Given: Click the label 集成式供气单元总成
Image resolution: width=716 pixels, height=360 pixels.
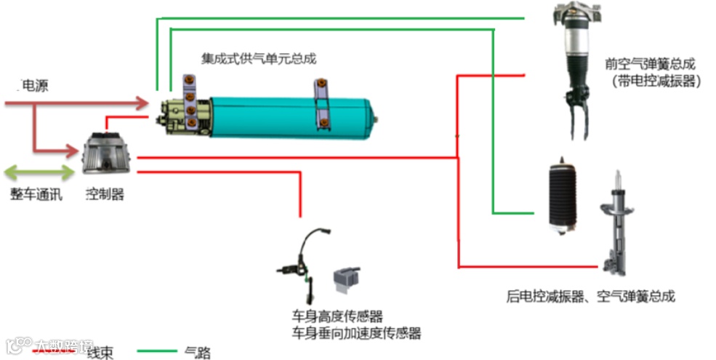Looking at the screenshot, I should [259, 59].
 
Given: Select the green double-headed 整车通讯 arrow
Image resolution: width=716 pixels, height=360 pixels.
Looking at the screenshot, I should [39, 173].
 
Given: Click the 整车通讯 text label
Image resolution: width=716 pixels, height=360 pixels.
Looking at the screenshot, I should [36, 194].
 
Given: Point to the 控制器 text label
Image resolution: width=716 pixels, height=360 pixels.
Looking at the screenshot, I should [105, 194].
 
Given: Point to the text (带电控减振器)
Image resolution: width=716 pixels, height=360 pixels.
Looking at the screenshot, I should [656, 81].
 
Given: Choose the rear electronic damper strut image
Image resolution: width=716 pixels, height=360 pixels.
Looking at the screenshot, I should [615, 225].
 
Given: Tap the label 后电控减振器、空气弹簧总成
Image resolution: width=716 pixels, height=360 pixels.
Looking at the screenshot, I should [590, 297].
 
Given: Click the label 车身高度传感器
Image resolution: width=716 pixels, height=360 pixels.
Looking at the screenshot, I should [337, 316].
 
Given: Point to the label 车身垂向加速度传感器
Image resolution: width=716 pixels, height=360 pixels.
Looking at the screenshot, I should [356, 334].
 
